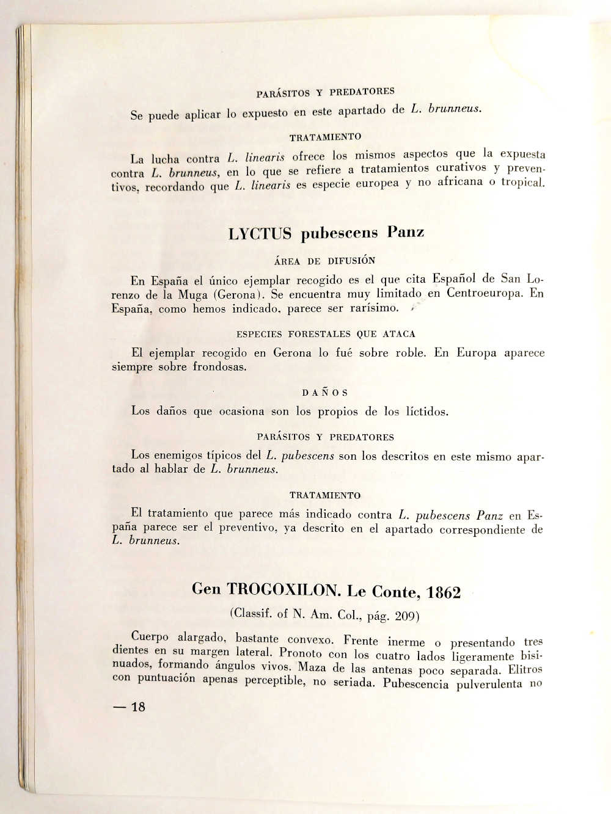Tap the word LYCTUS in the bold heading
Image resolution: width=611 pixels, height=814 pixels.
tap(260, 234)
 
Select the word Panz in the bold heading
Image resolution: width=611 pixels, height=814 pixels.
tap(406, 232)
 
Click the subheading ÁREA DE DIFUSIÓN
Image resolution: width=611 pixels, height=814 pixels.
tap(324, 261)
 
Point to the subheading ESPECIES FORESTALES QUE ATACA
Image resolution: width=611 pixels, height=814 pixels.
tap(326, 334)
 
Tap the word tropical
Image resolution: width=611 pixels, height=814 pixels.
tap(522, 182)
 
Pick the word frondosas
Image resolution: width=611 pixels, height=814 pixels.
tap(219, 367)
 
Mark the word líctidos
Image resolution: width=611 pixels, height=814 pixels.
tap(426, 412)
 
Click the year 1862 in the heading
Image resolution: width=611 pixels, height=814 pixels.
tap(444, 592)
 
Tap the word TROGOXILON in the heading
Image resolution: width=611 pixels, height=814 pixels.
tap(284, 590)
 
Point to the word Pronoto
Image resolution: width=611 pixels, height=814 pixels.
tap(301, 654)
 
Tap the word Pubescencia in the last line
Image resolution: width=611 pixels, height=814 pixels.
tap(416, 683)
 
